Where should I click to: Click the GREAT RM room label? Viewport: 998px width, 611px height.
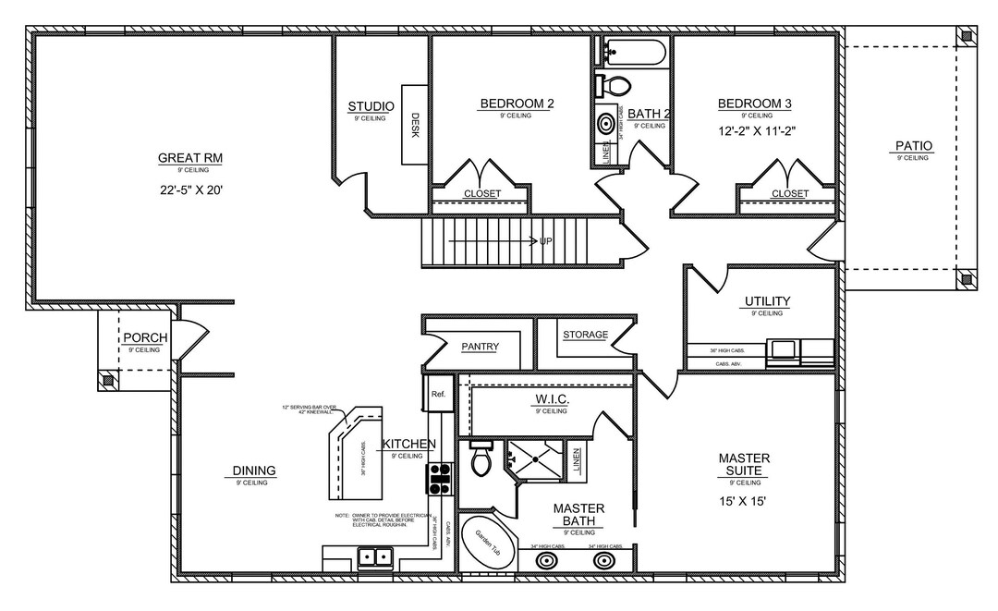click(x=189, y=158)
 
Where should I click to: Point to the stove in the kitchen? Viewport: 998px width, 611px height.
click(x=437, y=477)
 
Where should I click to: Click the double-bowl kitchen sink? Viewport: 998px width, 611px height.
click(x=374, y=556)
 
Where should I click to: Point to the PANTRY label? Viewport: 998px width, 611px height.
click(x=480, y=347)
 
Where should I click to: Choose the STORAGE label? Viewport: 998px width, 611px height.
click(x=585, y=335)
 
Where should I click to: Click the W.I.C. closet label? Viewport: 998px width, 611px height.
click(x=551, y=399)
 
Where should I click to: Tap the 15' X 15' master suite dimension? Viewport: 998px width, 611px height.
click(x=744, y=501)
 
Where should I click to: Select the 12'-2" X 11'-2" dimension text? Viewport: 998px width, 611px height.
click(x=756, y=131)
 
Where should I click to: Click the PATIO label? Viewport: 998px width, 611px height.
click(x=913, y=146)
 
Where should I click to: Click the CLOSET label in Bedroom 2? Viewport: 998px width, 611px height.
click(x=481, y=193)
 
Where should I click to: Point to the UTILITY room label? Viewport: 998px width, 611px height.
click(x=767, y=301)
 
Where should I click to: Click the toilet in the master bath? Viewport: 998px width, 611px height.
click(x=481, y=459)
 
